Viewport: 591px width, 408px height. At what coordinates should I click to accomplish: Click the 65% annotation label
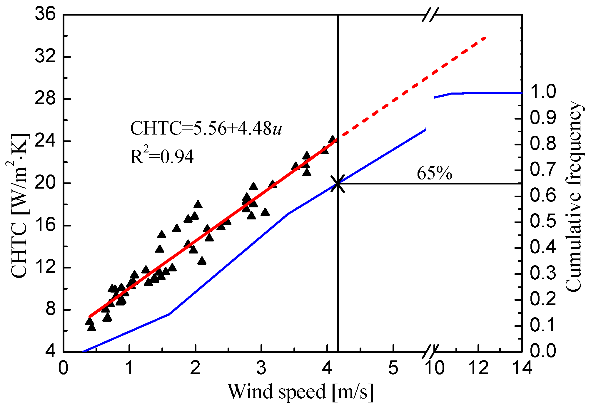434,173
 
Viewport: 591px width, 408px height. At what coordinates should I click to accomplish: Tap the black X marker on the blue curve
338,184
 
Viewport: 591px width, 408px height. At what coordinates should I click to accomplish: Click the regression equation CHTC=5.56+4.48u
206,128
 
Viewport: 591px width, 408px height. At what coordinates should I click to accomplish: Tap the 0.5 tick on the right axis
543,221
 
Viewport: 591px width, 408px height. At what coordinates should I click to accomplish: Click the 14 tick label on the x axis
522,367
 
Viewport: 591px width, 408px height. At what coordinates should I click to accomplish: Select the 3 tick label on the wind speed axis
261,367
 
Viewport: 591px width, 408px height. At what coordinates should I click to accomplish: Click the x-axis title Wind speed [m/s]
300,392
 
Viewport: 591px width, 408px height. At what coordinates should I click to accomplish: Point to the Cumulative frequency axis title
574,196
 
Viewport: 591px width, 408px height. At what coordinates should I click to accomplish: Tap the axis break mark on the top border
430,15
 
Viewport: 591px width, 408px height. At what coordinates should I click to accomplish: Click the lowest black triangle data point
91,328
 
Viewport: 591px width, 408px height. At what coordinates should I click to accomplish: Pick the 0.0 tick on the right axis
543,351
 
